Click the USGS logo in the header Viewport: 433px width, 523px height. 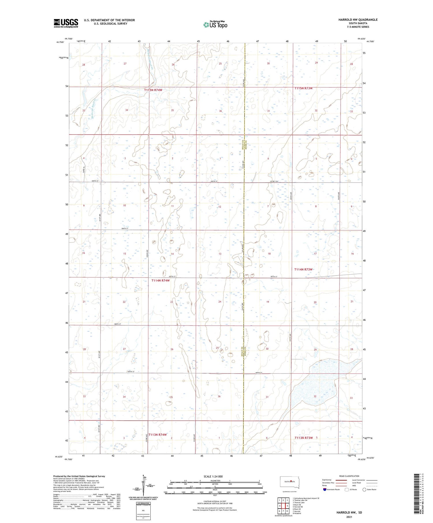(x=66, y=23)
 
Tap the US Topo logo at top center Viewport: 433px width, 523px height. (x=215, y=25)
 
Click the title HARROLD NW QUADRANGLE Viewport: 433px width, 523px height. (x=358, y=20)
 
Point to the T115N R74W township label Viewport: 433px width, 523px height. (x=153, y=90)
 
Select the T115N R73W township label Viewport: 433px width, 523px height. (x=303, y=88)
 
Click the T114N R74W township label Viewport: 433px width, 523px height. (x=160, y=280)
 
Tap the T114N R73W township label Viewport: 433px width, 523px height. (x=303, y=269)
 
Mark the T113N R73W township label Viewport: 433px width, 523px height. (x=303, y=438)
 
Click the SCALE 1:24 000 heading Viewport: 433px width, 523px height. (x=213, y=476)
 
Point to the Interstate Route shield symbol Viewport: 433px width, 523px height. (x=325, y=490)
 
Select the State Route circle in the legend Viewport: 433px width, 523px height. (x=365, y=490)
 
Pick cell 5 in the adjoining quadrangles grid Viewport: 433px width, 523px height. (x=288, y=506)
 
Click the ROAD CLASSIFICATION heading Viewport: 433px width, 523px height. (x=349, y=476)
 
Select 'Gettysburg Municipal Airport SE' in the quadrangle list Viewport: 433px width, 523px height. (x=306, y=498)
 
